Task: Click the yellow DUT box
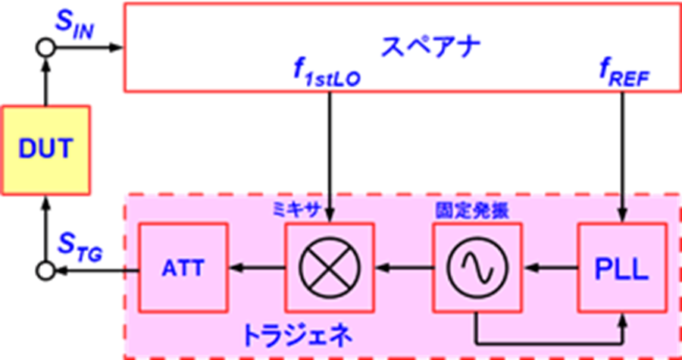tap(45, 150)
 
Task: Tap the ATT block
tap(183, 268)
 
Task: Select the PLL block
tap(622, 268)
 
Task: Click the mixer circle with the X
tap(330, 268)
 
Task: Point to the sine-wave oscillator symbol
tap(477, 268)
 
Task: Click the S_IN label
tap(74, 27)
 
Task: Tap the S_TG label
tap(81, 252)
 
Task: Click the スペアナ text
tap(430, 48)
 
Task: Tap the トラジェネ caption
tap(296, 335)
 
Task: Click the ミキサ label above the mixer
tap(295, 211)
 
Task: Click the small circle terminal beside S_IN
tap(45, 48)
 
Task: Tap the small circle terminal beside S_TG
tap(45, 271)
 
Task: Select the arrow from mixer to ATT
tap(257, 270)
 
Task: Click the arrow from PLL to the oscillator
tap(551, 270)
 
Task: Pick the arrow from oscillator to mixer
tap(404, 270)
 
